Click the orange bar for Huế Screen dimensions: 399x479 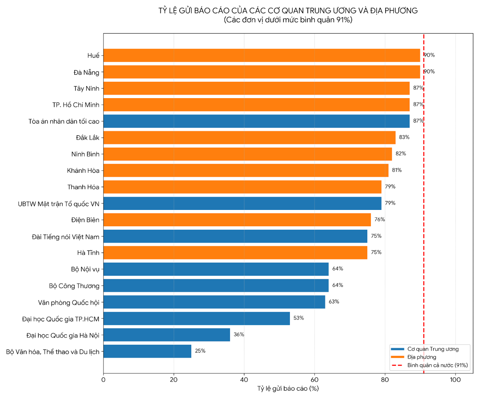click(x=261, y=55)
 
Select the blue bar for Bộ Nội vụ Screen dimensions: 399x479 click(x=216, y=269)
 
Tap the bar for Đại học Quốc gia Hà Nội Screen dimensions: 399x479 click(x=166, y=335)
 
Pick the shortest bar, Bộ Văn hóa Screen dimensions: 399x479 click(x=147, y=351)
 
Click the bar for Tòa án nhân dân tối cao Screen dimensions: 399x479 click(x=256, y=121)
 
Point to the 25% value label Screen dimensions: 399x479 click(x=200, y=351)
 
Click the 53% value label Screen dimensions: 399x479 click(x=299, y=318)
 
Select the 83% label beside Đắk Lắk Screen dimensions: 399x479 click(x=404, y=137)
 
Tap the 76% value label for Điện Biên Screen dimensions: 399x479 click(x=380, y=219)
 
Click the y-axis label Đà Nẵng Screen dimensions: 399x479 click(x=86, y=72)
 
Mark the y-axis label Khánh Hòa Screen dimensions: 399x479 click(x=83, y=170)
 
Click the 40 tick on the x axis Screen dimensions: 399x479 click(x=244, y=380)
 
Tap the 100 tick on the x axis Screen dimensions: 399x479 click(x=455, y=380)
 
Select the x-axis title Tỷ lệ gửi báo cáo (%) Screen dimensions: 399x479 click(x=288, y=389)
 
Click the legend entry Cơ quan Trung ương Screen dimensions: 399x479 click(x=433, y=349)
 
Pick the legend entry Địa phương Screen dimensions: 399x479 click(x=422, y=357)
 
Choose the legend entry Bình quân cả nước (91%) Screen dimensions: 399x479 click(x=437, y=365)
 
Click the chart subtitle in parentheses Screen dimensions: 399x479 click(x=288, y=20)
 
